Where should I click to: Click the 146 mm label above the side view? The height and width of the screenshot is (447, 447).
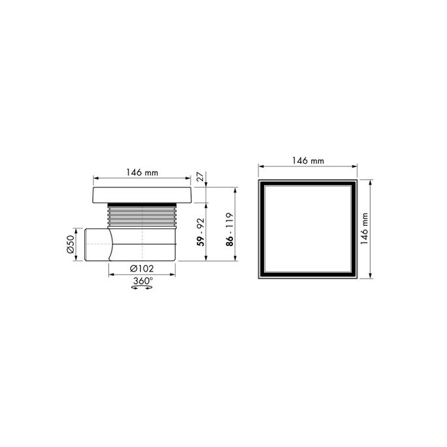click(x=142, y=174)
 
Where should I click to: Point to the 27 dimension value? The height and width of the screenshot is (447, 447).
click(x=200, y=176)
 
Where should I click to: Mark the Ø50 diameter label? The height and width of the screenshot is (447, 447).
click(x=71, y=244)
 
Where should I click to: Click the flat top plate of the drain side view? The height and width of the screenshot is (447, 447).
click(x=142, y=194)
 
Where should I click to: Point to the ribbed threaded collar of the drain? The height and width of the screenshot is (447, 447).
click(x=142, y=215)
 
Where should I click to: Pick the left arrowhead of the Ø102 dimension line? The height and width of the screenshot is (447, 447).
click(x=110, y=268)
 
